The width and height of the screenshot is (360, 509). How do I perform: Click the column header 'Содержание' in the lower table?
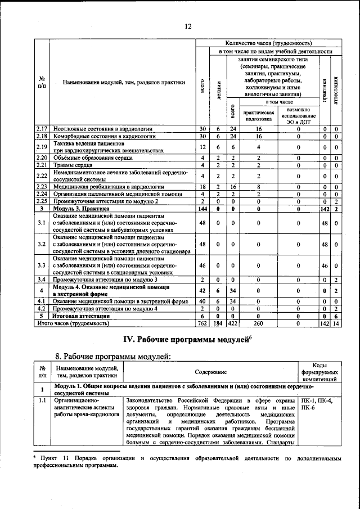211,372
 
